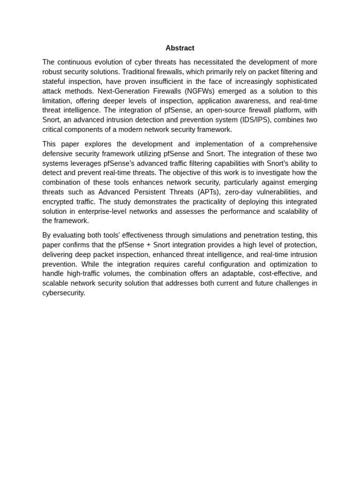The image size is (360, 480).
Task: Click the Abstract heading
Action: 180,48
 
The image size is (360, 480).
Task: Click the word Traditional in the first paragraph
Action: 139,72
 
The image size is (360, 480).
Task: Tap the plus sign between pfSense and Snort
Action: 155,245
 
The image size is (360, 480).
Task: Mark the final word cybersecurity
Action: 64,293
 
